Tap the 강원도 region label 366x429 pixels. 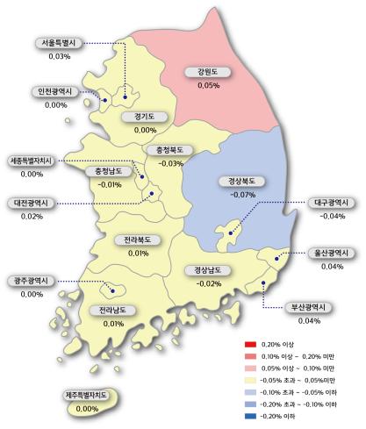[x=208, y=74]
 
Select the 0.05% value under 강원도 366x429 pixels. [x=208, y=86]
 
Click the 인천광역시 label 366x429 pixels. [x=55, y=92]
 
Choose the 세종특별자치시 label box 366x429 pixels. [x=32, y=161]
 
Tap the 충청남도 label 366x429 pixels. [x=110, y=171]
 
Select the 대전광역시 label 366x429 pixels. [x=32, y=203]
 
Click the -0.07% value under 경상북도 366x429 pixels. [x=240, y=194]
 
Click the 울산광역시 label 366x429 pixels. [x=332, y=253]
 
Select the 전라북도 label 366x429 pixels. [x=138, y=240]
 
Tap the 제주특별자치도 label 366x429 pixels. [x=87, y=397]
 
